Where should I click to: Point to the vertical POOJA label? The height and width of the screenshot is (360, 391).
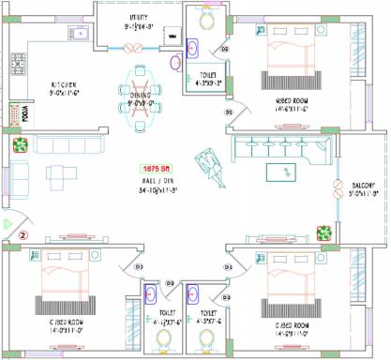click(27, 113)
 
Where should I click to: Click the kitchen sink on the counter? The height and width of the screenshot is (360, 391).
click(79, 35)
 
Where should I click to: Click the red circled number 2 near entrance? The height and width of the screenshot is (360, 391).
click(25, 234)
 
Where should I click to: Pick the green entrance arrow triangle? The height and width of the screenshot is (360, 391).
click(6, 225)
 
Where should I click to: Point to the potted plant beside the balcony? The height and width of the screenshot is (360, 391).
click(325, 230)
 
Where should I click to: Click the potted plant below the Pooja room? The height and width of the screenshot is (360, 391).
click(20, 143)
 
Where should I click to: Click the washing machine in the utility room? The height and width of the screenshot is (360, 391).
click(173, 36)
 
